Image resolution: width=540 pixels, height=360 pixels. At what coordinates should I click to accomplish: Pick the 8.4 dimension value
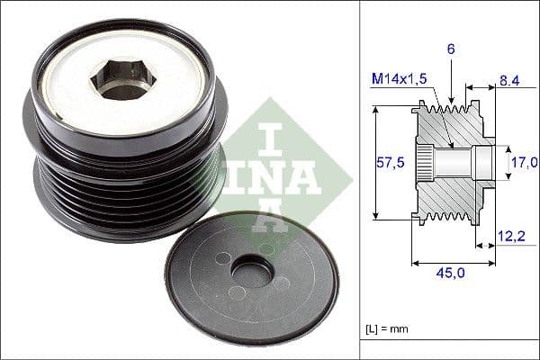point(509,80)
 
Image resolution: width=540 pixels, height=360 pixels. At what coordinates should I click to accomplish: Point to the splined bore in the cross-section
point(445,163)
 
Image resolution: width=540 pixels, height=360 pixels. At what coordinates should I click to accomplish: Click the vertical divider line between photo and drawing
point(359,180)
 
